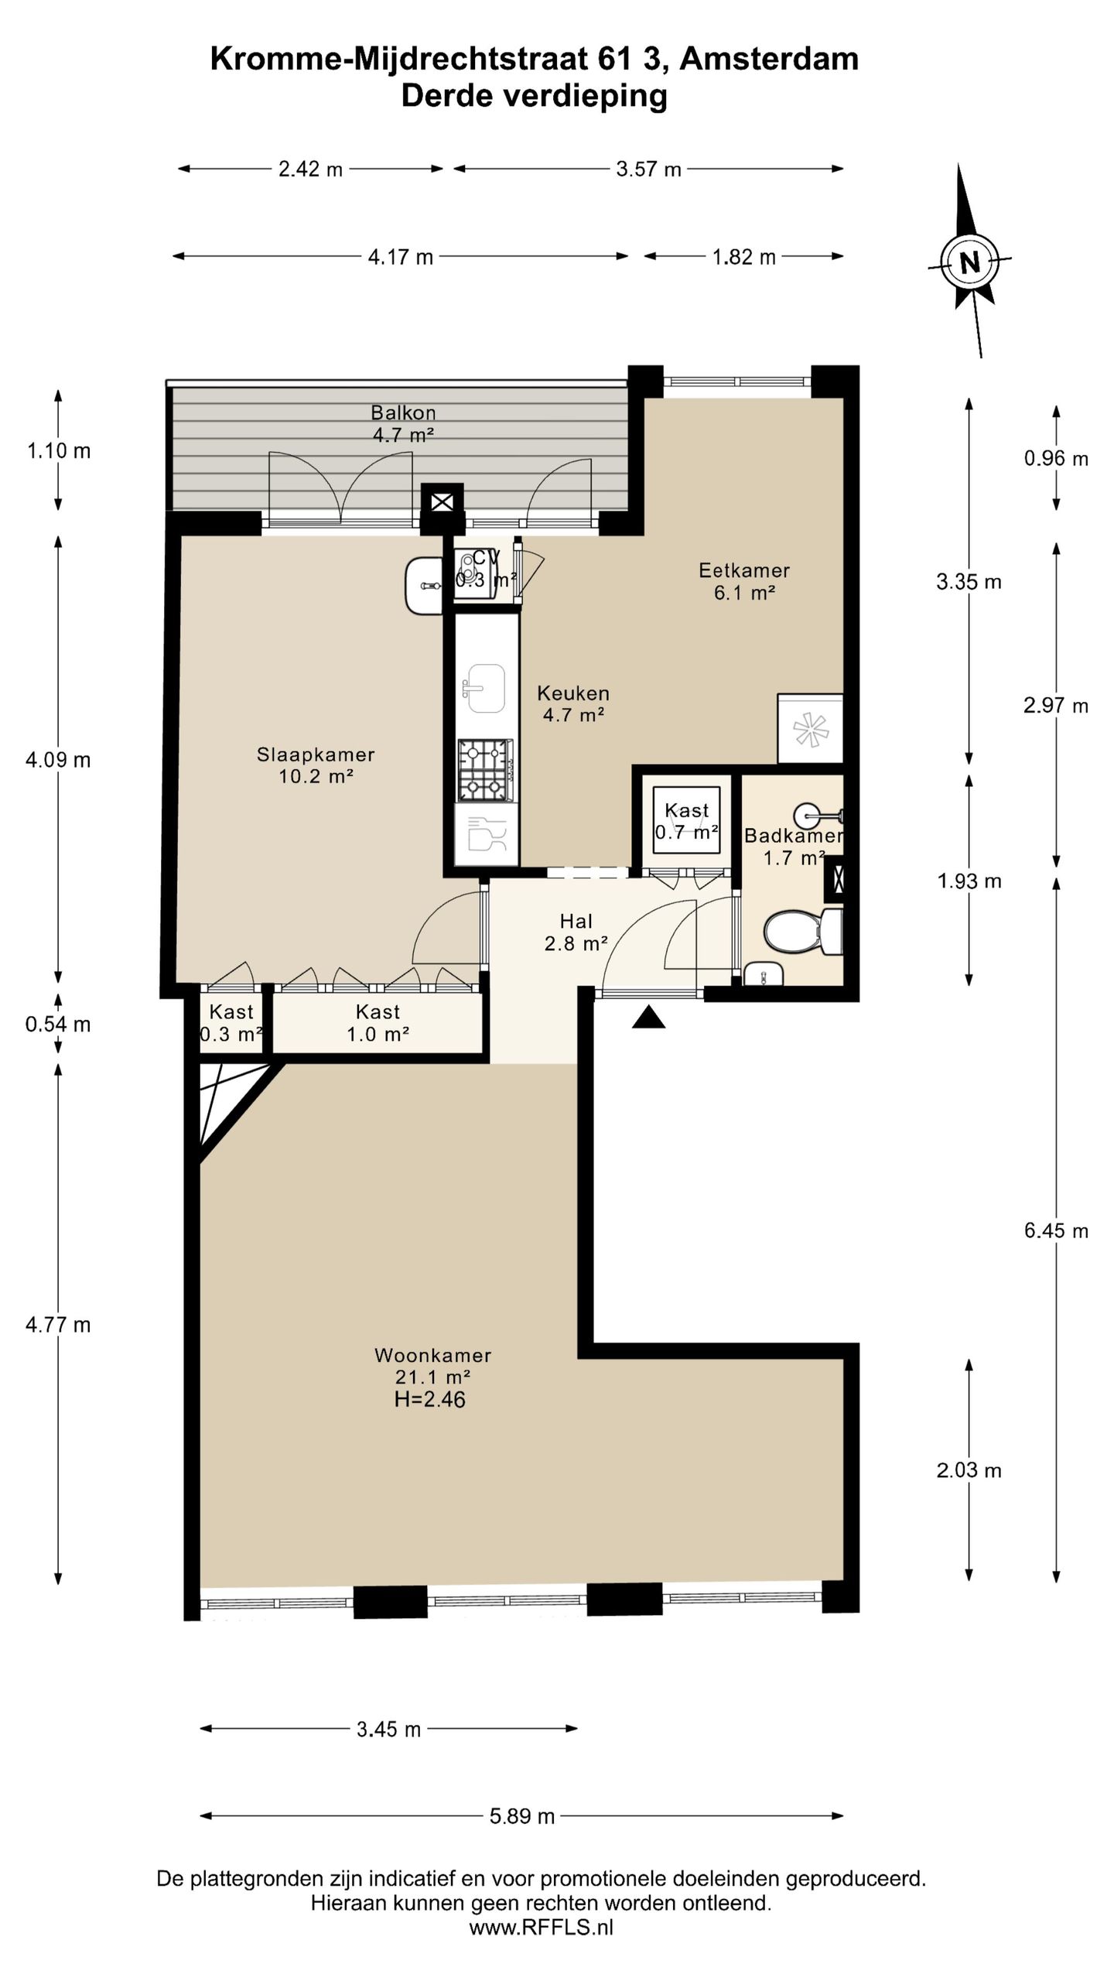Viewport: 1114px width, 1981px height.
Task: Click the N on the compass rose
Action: (969, 262)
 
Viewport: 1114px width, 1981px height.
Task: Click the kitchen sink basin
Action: (484, 688)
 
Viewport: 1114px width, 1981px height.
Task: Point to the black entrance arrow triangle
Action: (648, 1017)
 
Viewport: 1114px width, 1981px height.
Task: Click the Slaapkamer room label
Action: (316, 754)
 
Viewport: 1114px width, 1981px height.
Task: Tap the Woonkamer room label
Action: (433, 1355)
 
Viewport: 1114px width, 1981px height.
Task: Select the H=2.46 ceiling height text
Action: (430, 1399)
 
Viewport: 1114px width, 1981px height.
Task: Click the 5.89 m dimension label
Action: (522, 1816)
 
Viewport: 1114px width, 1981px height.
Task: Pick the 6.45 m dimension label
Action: (1056, 1230)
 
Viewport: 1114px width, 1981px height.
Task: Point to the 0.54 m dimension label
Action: (58, 1025)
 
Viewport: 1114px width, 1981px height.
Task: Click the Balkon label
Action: (403, 412)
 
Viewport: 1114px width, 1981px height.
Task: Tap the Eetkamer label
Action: (744, 570)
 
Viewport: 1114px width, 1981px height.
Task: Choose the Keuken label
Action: (573, 693)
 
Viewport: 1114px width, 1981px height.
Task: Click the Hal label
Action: (576, 921)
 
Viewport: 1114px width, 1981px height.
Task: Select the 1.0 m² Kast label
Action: (378, 1022)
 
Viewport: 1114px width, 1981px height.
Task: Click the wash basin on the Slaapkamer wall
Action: (424, 586)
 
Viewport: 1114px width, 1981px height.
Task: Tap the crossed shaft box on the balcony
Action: (442, 502)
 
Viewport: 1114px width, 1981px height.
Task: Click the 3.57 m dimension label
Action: (648, 169)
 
